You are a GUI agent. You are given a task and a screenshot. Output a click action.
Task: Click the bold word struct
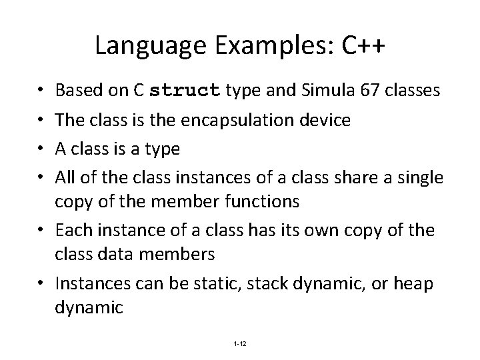tap(185, 91)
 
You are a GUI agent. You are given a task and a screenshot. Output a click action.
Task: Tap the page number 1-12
tap(240, 343)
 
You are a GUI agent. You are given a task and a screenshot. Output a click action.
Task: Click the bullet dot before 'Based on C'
tap(42, 91)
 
